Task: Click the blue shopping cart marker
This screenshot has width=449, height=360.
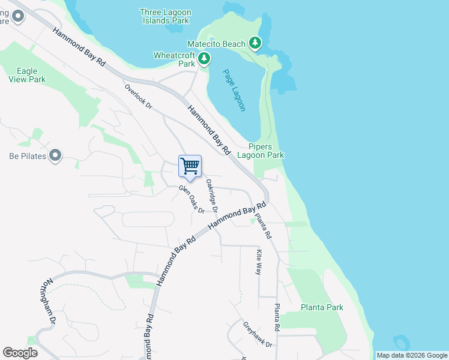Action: click(x=190, y=167)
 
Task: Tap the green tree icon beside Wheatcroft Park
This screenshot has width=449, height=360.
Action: click(x=205, y=59)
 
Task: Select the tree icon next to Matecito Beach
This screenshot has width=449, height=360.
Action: click(x=256, y=43)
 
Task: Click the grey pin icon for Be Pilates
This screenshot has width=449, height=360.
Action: click(x=55, y=156)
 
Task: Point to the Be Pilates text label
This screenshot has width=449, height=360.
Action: click(x=28, y=156)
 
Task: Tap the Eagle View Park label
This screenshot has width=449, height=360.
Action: click(x=27, y=75)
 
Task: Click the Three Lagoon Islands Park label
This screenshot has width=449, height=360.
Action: click(x=164, y=16)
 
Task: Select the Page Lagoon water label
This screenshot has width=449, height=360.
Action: click(x=234, y=90)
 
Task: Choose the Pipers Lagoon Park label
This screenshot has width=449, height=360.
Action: click(x=267, y=151)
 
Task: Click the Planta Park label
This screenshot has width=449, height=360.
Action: click(x=322, y=307)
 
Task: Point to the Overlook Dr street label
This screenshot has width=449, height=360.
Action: click(x=139, y=97)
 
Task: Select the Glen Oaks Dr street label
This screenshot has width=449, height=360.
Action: click(x=191, y=199)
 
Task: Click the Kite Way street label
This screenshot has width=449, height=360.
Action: click(x=259, y=262)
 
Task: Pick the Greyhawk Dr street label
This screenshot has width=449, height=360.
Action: click(x=258, y=335)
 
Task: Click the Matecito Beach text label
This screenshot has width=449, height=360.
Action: click(x=216, y=44)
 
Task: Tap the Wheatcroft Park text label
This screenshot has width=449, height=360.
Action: click(x=175, y=59)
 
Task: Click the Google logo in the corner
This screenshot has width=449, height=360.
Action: click(x=20, y=353)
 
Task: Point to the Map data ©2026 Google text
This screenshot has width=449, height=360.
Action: click(x=412, y=355)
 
